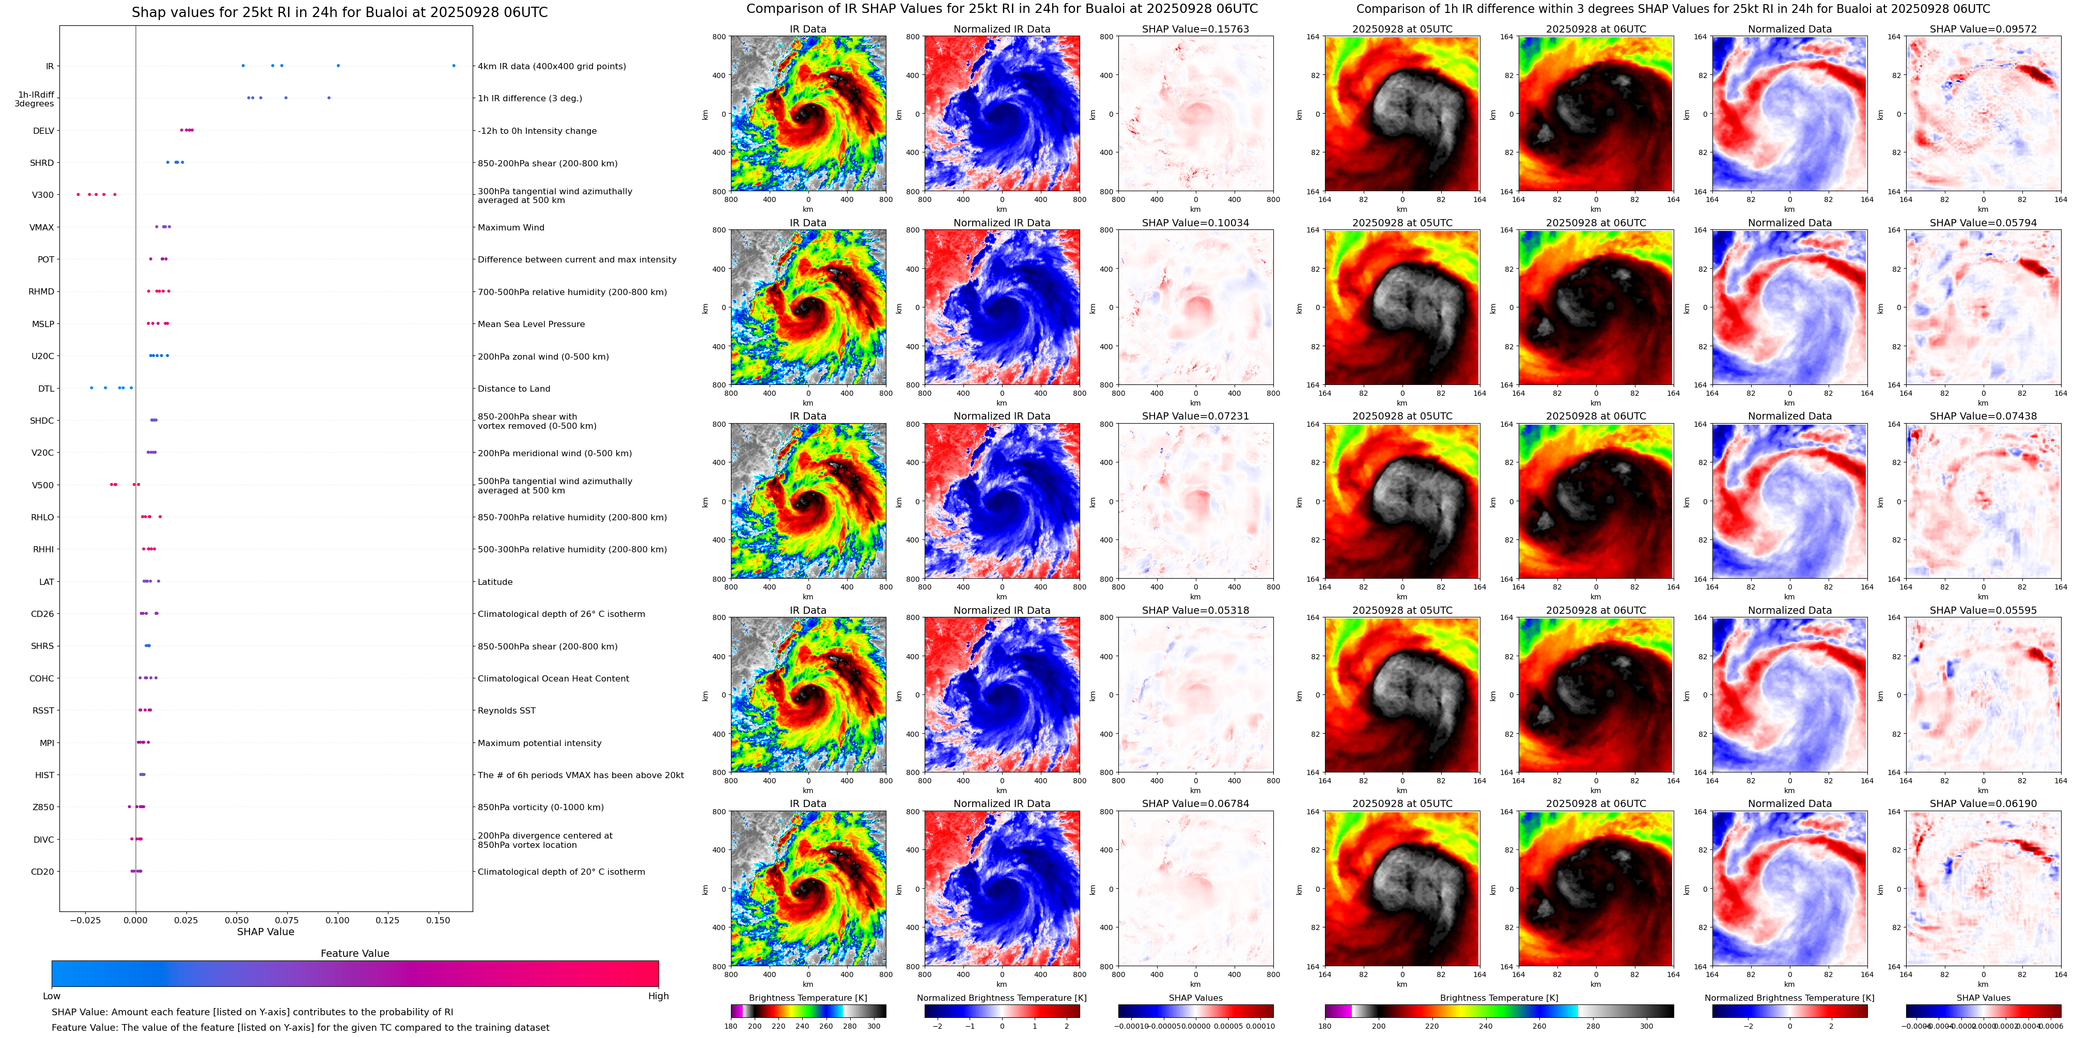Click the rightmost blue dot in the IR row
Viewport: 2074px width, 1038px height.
(454, 66)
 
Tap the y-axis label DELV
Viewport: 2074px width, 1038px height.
(43, 130)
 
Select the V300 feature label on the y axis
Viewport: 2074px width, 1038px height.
(43, 195)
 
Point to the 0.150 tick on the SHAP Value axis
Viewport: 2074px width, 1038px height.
(438, 920)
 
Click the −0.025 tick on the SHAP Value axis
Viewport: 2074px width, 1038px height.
(85, 920)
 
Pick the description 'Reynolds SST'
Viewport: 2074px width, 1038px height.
(506, 711)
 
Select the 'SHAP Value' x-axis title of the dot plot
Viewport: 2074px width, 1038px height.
(266, 932)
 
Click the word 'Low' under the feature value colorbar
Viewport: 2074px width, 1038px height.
(52, 996)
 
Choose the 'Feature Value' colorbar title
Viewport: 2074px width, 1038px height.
(355, 953)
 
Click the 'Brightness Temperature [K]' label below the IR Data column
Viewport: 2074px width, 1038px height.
(807, 998)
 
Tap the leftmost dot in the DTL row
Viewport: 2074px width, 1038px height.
(91, 388)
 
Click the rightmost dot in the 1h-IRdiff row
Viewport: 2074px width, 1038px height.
(329, 98)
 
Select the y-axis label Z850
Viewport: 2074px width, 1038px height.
(43, 807)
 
